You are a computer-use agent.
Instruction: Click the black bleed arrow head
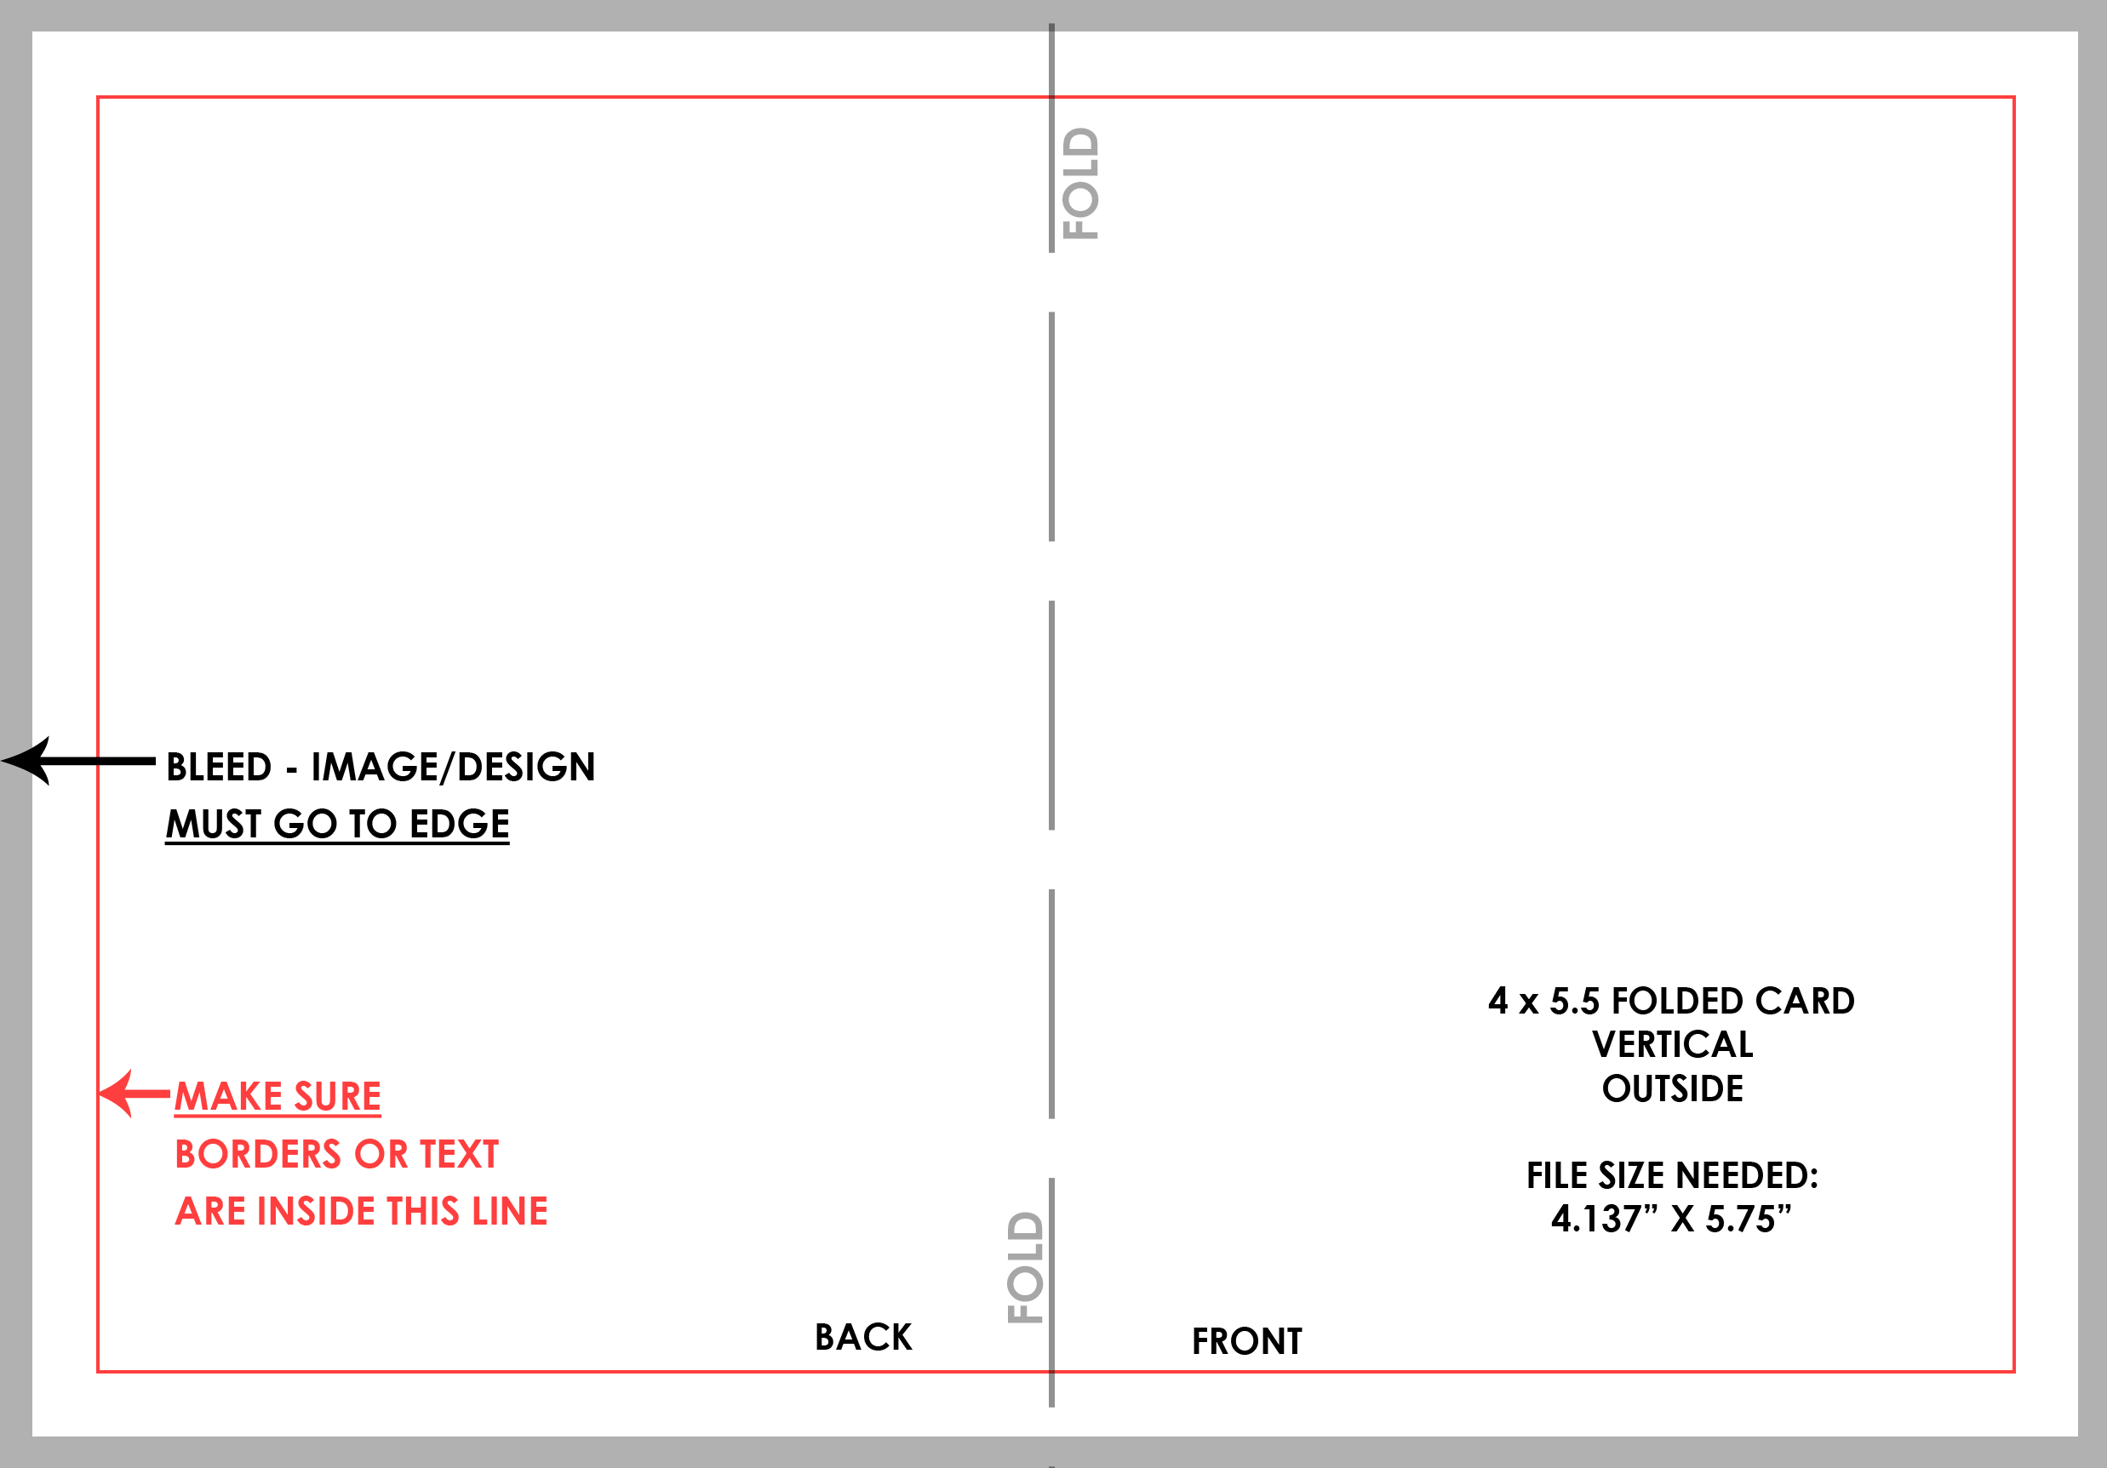click(x=26, y=761)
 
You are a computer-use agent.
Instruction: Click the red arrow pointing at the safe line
click(x=135, y=1093)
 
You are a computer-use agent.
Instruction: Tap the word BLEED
click(x=220, y=767)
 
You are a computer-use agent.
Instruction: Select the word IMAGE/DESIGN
click(x=454, y=767)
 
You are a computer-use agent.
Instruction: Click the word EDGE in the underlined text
click(x=459, y=824)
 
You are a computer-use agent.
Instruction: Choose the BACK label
click(x=863, y=1337)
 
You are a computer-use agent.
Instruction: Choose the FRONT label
click(x=1247, y=1341)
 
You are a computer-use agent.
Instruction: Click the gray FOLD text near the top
click(x=1080, y=184)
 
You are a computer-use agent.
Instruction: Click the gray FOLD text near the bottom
click(x=1025, y=1267)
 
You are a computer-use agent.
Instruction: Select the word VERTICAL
click(x=1672, y=1044)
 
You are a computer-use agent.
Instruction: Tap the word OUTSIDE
click(x=1672, y=1088)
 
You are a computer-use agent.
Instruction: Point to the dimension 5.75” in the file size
click(x=1749, y=1219)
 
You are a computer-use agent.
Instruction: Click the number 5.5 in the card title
click(x=1575, y=1001)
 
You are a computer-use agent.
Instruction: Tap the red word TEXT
click(x=459, y=1154)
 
